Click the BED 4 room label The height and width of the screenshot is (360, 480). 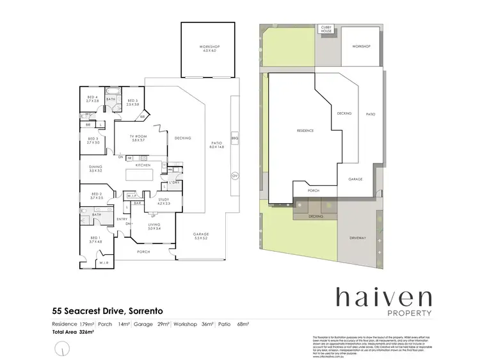click(93, 97)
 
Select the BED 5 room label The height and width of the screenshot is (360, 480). click(132, 101)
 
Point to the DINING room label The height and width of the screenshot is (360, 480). click(96, 167)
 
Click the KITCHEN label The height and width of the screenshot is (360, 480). click(143, 165)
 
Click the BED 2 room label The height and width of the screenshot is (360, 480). click(97, 194)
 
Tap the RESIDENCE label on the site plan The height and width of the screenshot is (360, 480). click(305, 131)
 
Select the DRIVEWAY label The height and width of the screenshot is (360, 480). click(358, 238)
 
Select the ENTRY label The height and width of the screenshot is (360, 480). click(122, 219)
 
